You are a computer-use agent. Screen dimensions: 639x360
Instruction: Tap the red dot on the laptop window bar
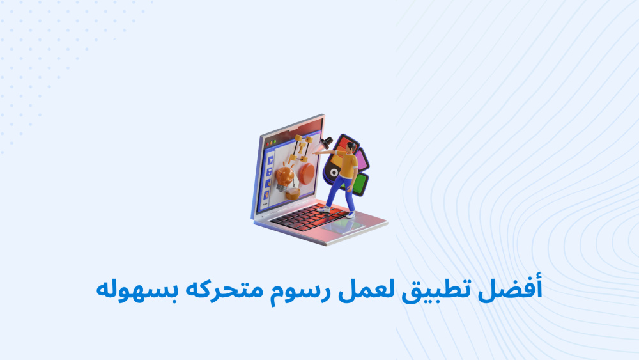pyautogui.click(x=267, y=144)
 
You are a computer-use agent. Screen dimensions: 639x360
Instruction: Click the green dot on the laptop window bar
pyautogui.click(x=275, y=142)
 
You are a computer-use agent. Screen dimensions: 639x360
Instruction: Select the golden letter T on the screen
pyautogui.click(x=302, y=147)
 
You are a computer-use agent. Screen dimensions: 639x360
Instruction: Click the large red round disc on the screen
pyautogui.click(x=307, y=173)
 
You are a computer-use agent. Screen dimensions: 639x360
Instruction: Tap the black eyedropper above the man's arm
pyautogui.click(x=326, y=143)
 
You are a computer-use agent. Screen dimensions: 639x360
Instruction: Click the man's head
pyautogui.click(x=350, y=147)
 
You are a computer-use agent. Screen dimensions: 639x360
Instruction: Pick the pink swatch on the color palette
pyautogui.click(x=361, y=159)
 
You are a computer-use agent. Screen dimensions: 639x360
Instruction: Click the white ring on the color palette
pyautogui.click(x=334, y=173)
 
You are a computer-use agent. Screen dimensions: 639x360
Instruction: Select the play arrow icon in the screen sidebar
pyautogui.click(x=270, y=160)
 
